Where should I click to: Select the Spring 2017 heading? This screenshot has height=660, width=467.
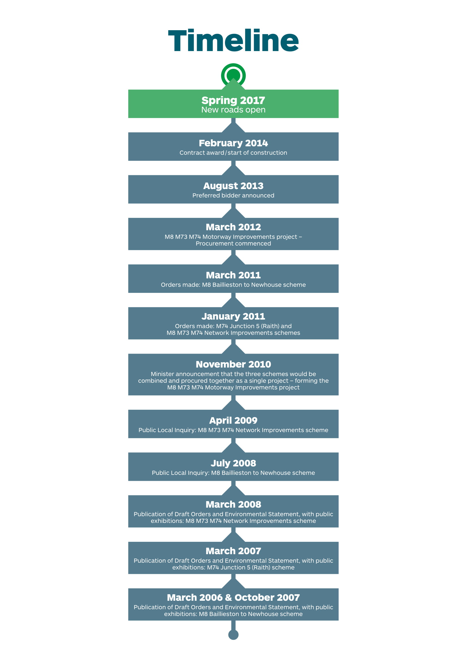click(x=233, y=100)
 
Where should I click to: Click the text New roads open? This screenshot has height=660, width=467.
click(x=233, y=110)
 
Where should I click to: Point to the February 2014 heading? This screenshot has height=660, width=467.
click(x=233, y=143)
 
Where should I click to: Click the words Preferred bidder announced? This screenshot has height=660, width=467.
click(x=233, y=196)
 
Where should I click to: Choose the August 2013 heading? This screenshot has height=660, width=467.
click(x=233, y=186)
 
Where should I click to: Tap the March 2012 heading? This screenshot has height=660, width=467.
click(x=233, y=227)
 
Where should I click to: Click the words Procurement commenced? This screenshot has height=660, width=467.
click(x=233, y=244)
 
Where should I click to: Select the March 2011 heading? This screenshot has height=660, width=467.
click(x=233, y=275)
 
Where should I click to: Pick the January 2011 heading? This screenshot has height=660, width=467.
click(x=233, y=316)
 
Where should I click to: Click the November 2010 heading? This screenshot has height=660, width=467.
click(x=233, y=364)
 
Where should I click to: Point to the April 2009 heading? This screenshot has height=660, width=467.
click(x=233, y=420)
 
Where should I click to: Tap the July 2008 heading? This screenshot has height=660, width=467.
click(x=233, y=463)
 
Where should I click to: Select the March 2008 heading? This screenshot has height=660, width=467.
click(x=233, y=504)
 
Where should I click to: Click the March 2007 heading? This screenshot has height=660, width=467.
click(x=233, y=551)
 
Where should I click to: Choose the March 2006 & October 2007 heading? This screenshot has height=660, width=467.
click(x=233, y=597)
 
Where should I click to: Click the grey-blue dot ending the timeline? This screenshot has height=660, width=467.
click(x=233, y=635)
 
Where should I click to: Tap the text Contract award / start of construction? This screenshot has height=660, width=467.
click(x=233, y=153)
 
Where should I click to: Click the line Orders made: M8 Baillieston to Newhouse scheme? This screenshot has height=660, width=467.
click(x=233, y=285)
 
